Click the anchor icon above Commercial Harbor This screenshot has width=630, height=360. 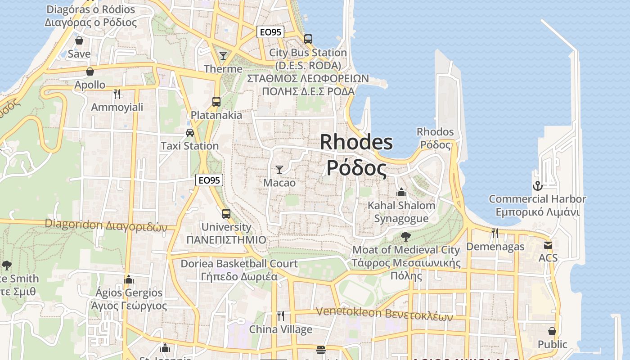coord(537,185)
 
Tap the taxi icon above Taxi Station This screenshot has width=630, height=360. coord(190,133)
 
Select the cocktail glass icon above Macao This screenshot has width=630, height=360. coord(279,170)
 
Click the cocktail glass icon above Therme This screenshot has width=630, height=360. coord(223,56)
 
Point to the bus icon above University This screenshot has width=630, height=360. coord(226,214)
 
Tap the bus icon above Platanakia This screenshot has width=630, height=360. coord(216,102)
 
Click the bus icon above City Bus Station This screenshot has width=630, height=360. coord(308,39)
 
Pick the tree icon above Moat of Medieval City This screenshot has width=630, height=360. coord(405,237)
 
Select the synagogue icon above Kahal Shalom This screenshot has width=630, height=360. coord(401,192)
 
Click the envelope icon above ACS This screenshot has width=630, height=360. coord(548,245)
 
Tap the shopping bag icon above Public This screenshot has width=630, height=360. coord(552,332)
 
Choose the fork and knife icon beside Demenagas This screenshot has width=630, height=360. coord(495,233)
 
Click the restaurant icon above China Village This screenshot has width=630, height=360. coord(281,316)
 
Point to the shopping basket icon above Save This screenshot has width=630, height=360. coord(79,40)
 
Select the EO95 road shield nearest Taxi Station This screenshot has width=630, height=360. coord(210,180)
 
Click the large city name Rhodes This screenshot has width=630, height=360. coord(356,143)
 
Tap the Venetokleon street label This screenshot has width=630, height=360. coord(384,313)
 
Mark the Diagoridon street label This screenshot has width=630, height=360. coord(106,225)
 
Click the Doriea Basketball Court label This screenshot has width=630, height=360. coord(239,264)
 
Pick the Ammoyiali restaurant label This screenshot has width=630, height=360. coord(117,107)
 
